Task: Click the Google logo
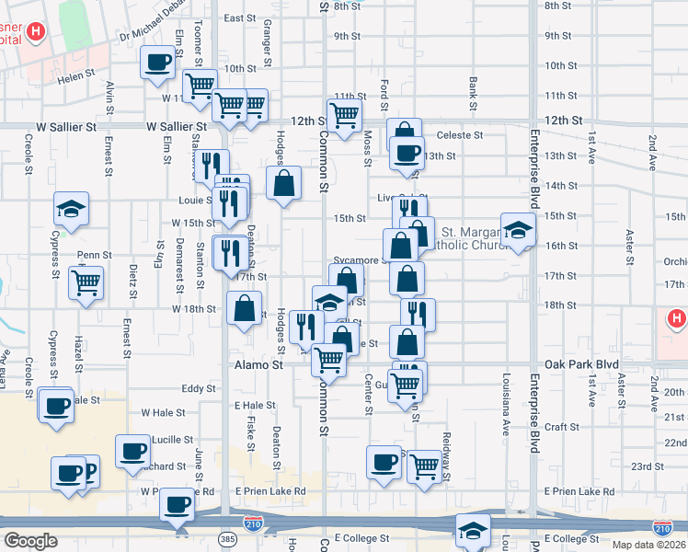[30, 540]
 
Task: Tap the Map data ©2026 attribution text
[648, 545]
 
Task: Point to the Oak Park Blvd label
[582, 365]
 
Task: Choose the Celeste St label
[459, 135]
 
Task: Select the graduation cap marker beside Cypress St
[71, 208]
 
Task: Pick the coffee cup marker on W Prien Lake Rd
[177, 503]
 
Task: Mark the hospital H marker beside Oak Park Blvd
[677, 319]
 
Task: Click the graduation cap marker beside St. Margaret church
[518, 229]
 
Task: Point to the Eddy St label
[199, 389]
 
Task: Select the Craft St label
[561, 427]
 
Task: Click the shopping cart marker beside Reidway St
[423, 466]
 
